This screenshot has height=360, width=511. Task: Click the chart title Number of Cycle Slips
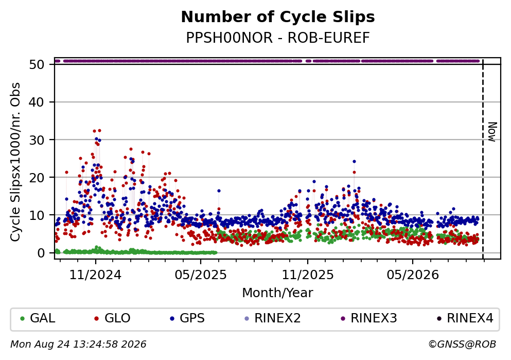[x=278, y=17]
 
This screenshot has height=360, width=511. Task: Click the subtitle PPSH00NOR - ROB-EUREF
[x=278, y=38]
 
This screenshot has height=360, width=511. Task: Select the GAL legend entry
[x=38, y=318]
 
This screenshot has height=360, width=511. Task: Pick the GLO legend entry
[x=112, y=318]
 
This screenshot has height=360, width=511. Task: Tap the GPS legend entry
[x=187, y=318]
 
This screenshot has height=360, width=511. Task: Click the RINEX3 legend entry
[x=368, y=318]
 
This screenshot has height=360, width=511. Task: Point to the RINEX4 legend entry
[x=465, y=318]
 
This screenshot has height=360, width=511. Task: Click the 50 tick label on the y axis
[x=37, y=64]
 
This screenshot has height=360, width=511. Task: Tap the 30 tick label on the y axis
[x=37, y=140]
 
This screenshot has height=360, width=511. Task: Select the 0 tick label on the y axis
[x=41, y=253]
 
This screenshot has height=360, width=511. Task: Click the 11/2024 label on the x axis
[x=95, y=275]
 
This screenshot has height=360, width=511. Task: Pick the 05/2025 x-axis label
[x=200, y=275]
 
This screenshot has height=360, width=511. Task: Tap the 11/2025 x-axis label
[x=308, y=275]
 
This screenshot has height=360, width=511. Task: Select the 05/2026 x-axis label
[x=413, y=275]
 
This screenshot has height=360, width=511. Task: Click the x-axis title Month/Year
[x=278, y=293]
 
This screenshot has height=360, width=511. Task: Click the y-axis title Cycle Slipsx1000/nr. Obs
[x=15, y=162]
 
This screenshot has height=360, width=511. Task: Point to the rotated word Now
[x=492, y=132]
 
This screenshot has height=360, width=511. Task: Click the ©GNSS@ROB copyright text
[x=462, y=344]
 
